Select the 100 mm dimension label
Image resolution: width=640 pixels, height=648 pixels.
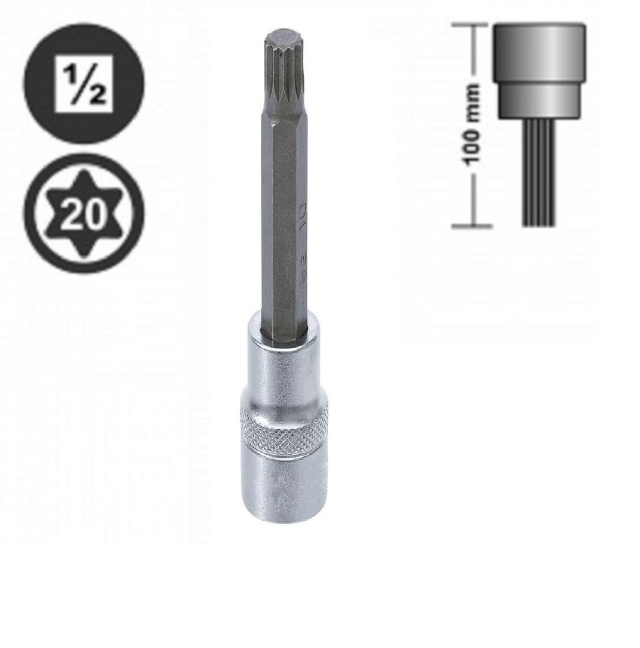coord(473,124)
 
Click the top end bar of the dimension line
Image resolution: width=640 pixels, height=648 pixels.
coord(473,26)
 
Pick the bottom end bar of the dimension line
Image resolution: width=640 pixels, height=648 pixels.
coord(473,227)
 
